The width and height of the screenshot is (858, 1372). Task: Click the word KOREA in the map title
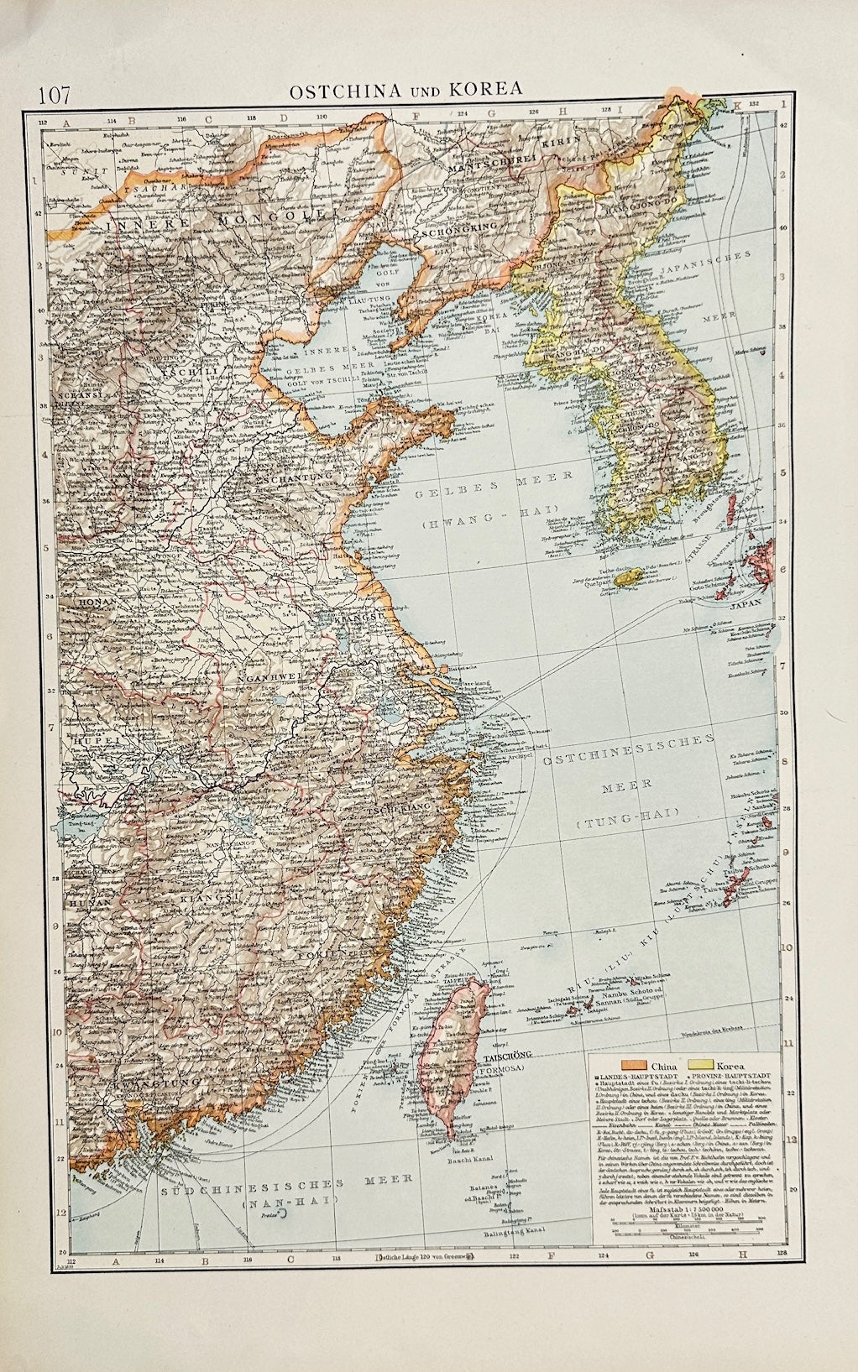(x=488, y=86)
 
